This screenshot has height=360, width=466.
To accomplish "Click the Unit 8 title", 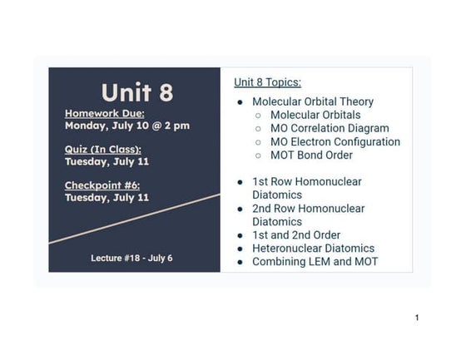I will point(136,92).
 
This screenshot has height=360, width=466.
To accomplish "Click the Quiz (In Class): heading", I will point(102,149).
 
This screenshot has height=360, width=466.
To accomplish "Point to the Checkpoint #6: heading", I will point(106,185).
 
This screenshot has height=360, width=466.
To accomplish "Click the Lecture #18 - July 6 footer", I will point(131,258).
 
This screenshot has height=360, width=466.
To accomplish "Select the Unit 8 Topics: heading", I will point(267,82).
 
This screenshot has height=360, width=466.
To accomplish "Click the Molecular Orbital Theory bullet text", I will point(313,101).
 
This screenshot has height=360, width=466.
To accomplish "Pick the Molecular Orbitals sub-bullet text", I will point(315,115).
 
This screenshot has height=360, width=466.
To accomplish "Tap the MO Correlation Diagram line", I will point(330,128).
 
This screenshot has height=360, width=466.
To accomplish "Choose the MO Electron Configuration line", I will point(335,141).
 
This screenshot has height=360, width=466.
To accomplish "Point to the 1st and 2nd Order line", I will point(296,235).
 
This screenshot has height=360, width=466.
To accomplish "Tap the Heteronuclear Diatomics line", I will point(313,248).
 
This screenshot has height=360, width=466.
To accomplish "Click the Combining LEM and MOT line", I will point(315,261).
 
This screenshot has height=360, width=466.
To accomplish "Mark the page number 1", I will point(417,318).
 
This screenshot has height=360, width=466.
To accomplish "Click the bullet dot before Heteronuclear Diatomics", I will point(240,249).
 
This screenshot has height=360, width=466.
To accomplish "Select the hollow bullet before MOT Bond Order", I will point(259,155).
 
